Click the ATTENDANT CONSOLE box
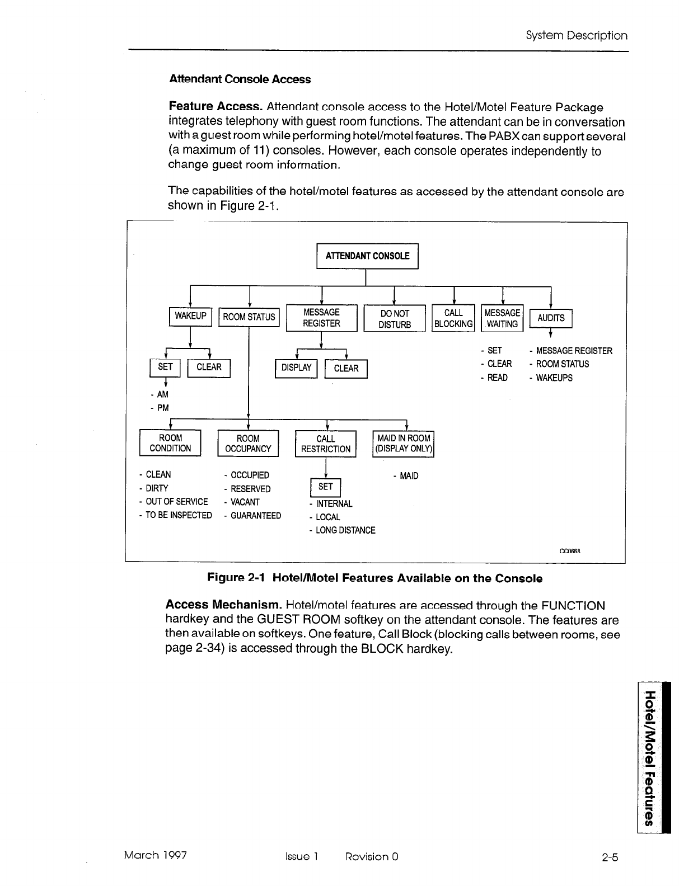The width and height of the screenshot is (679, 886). (x=367, y=256)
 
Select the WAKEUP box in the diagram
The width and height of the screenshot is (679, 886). (x=190, y=316)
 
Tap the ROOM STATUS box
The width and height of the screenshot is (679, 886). (x=249, y=317)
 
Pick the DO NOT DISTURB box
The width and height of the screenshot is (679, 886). (x=395, y=319)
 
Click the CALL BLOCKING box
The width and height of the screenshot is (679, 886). (x=453, y=318)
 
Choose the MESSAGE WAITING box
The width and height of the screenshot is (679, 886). (x=502, y=318)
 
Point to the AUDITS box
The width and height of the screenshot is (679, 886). (x=551, y=318)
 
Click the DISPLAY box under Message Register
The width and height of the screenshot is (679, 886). (x=296, y=368)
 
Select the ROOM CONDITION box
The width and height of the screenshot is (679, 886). (x=170, y=443)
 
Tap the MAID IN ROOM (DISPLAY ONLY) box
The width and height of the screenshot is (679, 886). (x=403, y=444)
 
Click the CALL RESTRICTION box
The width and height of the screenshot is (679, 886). (x=325, y=444)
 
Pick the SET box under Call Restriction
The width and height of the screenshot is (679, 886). (x=325, y=487)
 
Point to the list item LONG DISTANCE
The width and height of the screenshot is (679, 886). (x=345, y=530)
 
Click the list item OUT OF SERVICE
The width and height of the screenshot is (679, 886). (x=176, y=502)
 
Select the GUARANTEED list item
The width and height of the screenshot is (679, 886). (x=255, y=516)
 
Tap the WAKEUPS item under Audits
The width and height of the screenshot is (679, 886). (x=554, y=378)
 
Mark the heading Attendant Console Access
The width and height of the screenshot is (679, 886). (x=240, y=79)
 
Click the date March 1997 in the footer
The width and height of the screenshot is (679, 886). (x=155, y=855)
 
